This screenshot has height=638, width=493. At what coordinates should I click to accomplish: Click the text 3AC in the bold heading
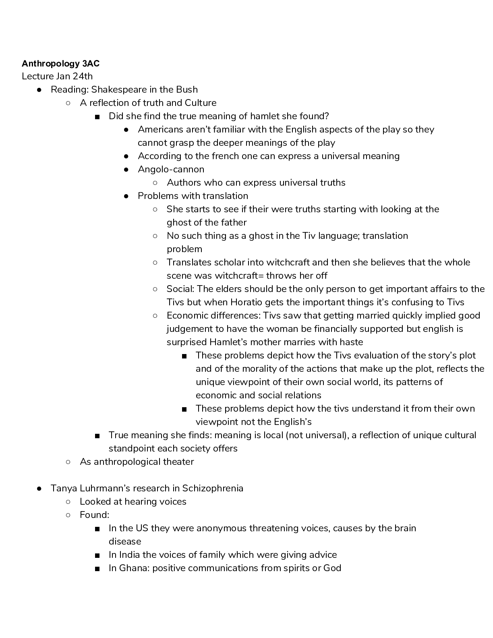pyautogui.click(x=91, y=64)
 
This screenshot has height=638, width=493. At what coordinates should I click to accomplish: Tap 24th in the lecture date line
pyautogui.click(x=83, y=77)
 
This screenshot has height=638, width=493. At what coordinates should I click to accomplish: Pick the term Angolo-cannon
pyautogui.click(x=171, y=170)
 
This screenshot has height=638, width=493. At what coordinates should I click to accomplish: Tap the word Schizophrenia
pyautogui.click(x=213, y=489)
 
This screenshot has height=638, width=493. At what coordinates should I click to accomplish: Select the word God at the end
pyautogui.click(x=332, y=568)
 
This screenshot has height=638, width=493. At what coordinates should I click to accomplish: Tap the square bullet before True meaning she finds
pyautogui.click(x=97, y=436)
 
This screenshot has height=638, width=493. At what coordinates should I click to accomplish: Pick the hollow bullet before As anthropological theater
pyautogui.click(x=68, y=462)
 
